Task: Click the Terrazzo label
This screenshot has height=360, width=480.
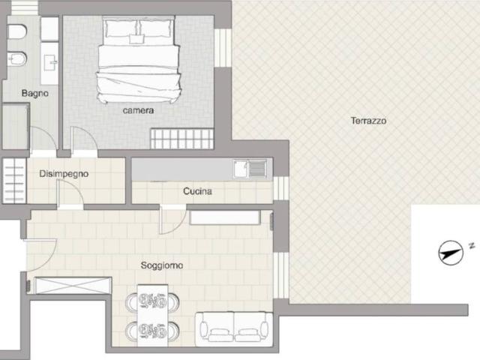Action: tap(368, 121)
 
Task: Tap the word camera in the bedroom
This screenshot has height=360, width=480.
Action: tap(138, 110)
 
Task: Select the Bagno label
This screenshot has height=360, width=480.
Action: tap(35, 93)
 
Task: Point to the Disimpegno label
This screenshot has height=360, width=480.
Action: tap(64, 174)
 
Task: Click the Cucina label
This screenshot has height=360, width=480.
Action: tap(197, 191)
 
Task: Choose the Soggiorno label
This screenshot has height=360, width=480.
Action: tap(162, 265)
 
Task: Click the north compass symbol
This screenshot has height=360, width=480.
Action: tap(451, 253)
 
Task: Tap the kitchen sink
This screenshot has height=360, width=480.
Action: tap(250, 169)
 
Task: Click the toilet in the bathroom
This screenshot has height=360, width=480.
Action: tap(17, 31)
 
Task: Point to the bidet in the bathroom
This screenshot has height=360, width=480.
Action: tap(17, 58)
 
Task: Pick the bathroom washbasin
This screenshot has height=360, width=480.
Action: tap(49, 63)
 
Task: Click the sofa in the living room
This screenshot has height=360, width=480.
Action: tap(234, 329)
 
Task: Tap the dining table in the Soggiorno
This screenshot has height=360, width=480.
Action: tap(152, 316)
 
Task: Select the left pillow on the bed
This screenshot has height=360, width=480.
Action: tap(120, 28)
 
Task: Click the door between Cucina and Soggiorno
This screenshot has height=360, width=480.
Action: tap(173, 220)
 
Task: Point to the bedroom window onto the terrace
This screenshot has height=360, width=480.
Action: tap(223, 47)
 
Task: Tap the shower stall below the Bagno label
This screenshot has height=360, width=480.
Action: tap(15, 126)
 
